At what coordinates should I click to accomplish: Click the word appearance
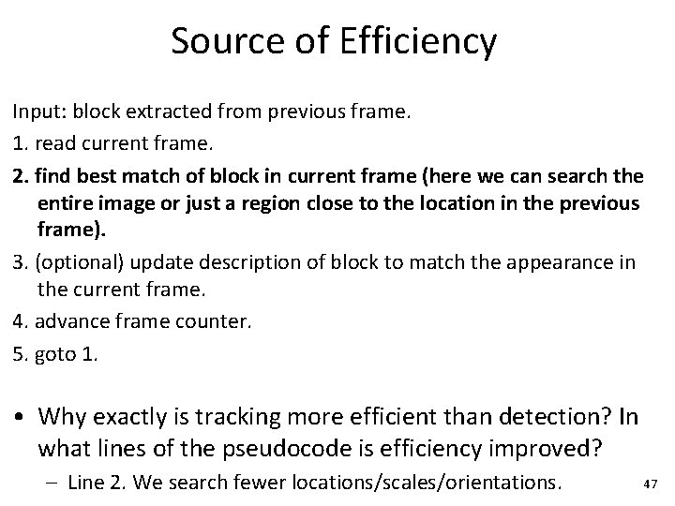click(556, 263)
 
